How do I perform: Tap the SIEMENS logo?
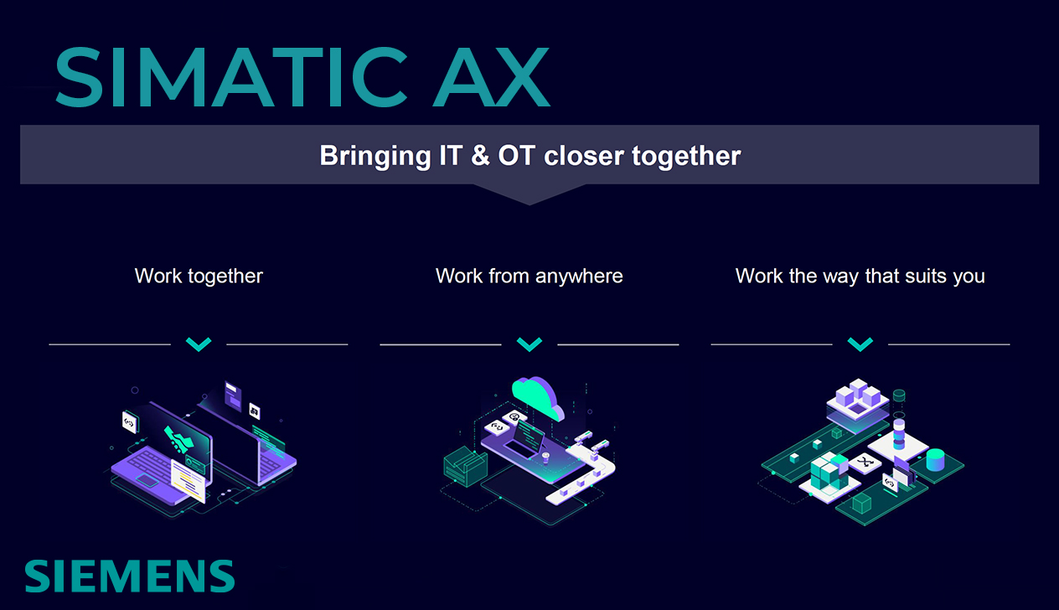coord(129,576)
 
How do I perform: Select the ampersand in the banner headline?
coord(481,156)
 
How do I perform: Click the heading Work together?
coord(199,276)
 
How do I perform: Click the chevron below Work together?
coord(199,344)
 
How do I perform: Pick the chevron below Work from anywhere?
coord(529,344)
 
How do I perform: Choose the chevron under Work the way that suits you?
coord(860,344)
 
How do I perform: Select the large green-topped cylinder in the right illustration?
coord(935,459)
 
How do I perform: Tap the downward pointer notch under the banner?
coord(529,194)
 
